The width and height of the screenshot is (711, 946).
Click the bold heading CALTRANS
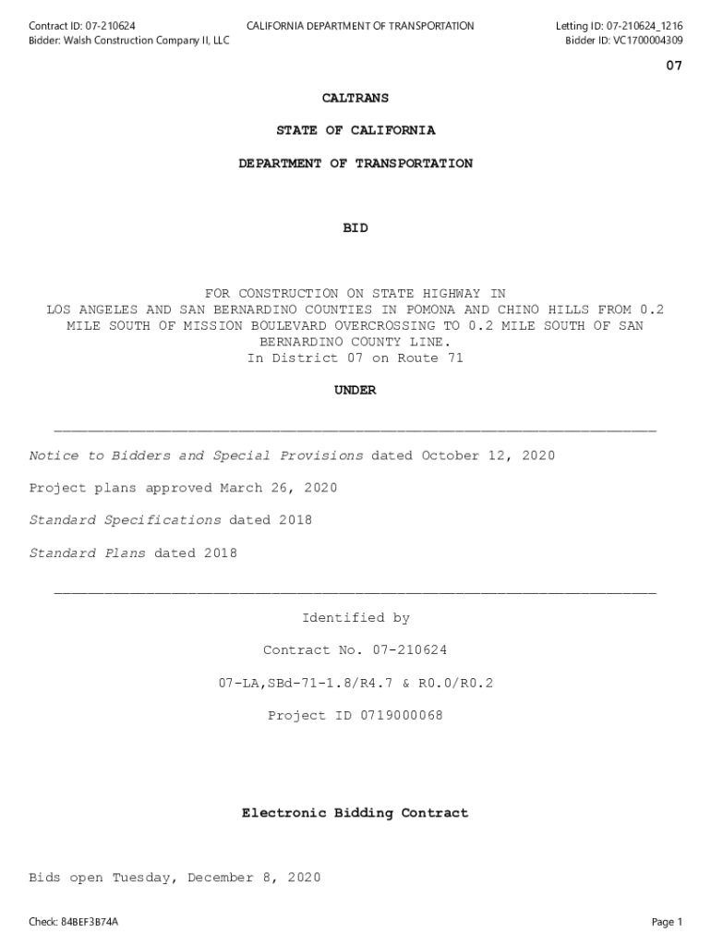pos(355,98)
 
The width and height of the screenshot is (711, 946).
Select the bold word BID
pos(355,228)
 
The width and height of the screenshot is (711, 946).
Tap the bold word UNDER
pos(355,391)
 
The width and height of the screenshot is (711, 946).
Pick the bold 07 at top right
pos(674,67)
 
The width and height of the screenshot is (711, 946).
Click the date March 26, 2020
pos(278,488)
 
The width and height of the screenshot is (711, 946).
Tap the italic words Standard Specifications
pos(125,520)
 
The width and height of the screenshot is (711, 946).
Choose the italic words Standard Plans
pos(87,553)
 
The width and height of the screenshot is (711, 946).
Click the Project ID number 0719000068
pos(401,716)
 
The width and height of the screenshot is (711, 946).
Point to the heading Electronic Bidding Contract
pos(355,814)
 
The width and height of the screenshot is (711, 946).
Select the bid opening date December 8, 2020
pos(254,879)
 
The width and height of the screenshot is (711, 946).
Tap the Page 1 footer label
pos(667,922)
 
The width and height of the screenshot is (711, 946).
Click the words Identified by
pos(355,618)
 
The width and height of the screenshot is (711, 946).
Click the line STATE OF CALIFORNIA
pos(355,131)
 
